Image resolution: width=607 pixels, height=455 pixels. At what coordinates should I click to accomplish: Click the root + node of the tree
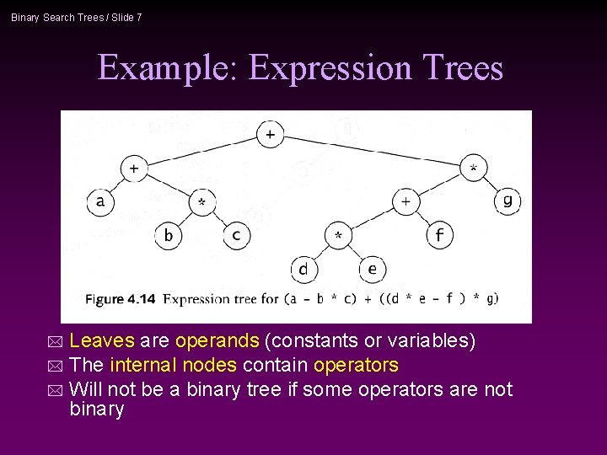click(x=270, y=134)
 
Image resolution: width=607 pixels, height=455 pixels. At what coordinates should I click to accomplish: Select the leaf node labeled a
click(x=100, y=201)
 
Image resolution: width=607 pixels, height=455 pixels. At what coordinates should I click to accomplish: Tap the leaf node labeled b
click(x=168, y=235)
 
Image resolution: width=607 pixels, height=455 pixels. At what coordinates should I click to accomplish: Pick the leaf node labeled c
click(x=236, y=235)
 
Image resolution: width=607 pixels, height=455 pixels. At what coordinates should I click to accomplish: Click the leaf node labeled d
click(x=303, y=270)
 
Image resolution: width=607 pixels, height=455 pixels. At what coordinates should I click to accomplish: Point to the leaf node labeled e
click(x=372, y=270)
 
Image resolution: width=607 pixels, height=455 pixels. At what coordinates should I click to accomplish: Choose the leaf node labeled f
click(x=439, y=235)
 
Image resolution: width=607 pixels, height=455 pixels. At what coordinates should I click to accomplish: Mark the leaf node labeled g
click(x=507, y=201)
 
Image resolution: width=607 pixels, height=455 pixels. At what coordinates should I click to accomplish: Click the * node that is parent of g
click(x=473, y=169)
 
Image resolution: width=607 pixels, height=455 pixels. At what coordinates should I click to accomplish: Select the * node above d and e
click(x=338, y=235)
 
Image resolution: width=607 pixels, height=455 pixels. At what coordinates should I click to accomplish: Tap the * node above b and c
click(x=202, y=202)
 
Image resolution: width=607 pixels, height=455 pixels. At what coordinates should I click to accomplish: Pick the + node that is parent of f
click(x=406, y=201)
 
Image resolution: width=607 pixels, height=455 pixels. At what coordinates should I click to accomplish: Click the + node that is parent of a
click(x=134, y=169)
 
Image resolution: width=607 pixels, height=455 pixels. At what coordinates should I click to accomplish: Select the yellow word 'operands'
click(x=218, y=341)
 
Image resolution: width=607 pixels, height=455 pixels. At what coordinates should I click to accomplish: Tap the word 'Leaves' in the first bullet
click(x=101, y=341)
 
